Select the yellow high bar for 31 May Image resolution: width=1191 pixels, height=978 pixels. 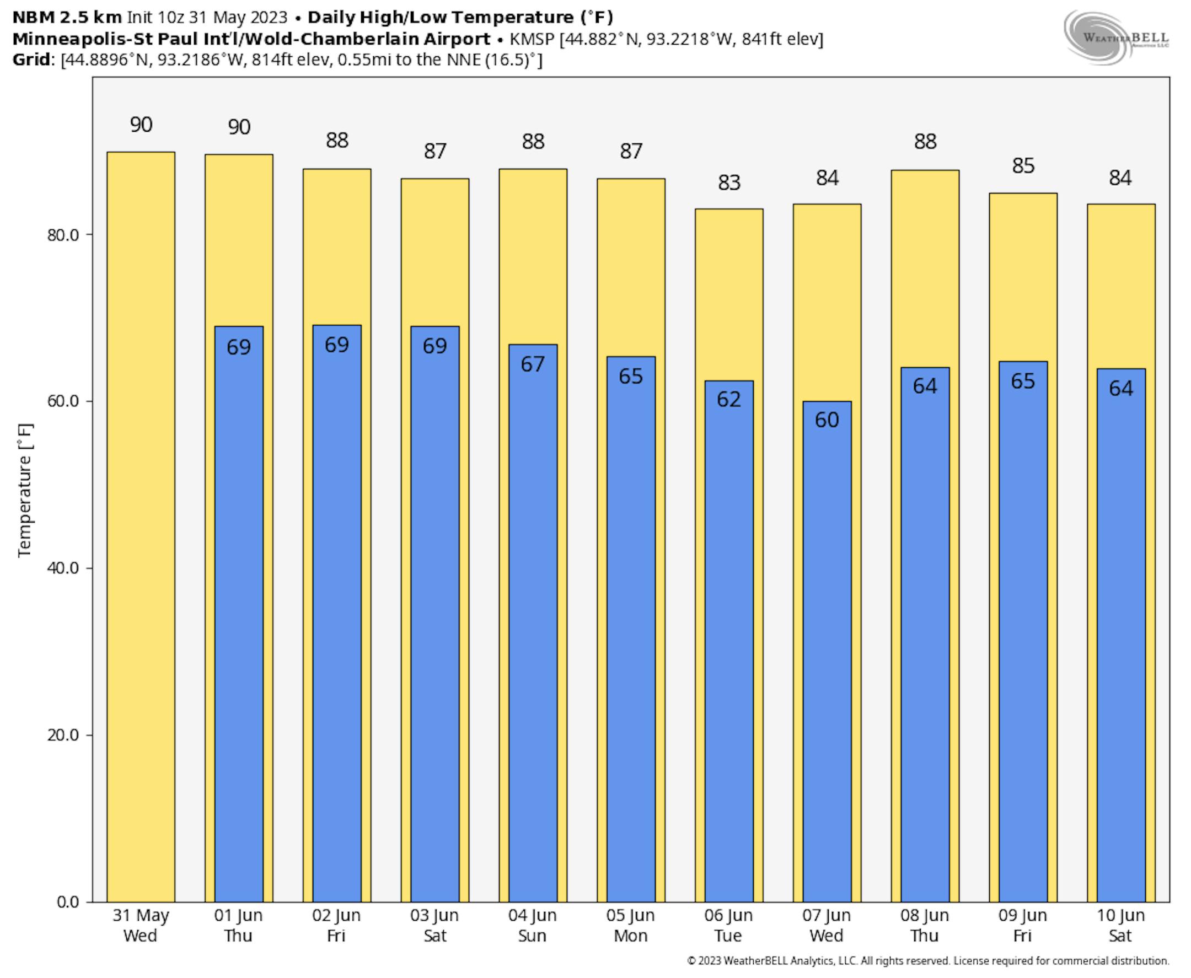(141, 507)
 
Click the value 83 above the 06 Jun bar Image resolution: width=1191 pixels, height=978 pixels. (729, 182)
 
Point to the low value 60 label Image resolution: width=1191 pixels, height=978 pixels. (827, 420)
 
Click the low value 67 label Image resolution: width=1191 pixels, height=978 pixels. (533, 364)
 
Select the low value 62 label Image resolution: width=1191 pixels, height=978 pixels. (728, 399)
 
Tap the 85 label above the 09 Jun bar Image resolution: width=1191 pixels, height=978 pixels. (1023, 165)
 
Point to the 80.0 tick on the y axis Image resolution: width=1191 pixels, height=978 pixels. (63, 235)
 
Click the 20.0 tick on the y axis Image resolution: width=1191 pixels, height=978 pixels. (63, 735)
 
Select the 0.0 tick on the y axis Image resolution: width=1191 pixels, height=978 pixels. (68, 902)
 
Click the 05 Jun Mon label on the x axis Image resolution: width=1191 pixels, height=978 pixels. (630, 925)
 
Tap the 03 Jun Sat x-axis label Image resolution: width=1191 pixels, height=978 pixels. (434, 925)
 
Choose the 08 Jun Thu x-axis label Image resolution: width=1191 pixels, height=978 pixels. (925, 925)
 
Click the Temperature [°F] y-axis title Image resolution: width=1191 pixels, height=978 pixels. (25, 490)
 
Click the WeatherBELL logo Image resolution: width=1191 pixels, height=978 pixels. (1116, 37)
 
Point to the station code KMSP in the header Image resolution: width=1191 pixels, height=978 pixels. (532, 39)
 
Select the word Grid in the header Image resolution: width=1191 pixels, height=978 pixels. (31, 60)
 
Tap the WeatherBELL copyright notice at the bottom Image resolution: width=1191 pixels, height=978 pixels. (928, 960)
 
